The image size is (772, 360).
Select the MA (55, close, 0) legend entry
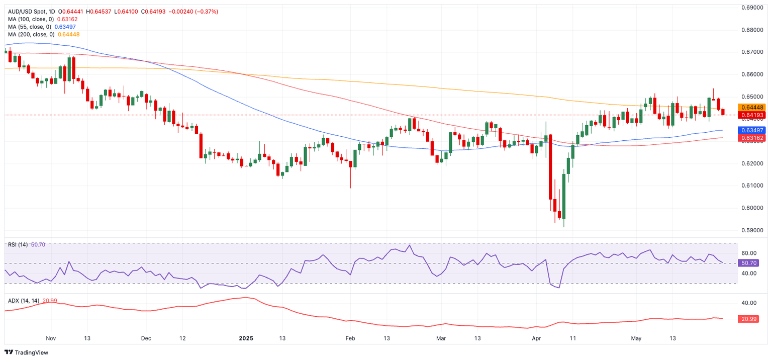(x=29, y=27)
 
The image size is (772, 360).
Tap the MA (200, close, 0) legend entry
(x=31, y=34)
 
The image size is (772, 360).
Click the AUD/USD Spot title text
(x=31, y=12)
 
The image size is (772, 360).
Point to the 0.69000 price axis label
(x=753, y=8)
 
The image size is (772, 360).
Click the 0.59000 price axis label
(x=753, y=230)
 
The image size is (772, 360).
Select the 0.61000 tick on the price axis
(x=753, y=186)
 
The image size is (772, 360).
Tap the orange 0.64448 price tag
(x=751, y=108)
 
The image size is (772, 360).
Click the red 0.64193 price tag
(x=751, y=115)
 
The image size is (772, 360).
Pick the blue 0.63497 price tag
(x=751, y=130)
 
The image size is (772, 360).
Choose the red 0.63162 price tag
(x=751, y=138)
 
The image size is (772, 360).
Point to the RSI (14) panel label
(x=18, y=245)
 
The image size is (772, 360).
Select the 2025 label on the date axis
(x=246, y=338)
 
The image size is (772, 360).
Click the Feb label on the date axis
(x=350, y=338)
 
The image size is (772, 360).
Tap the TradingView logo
(x=27, y=352)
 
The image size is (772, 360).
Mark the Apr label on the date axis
(x=537, y=338)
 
